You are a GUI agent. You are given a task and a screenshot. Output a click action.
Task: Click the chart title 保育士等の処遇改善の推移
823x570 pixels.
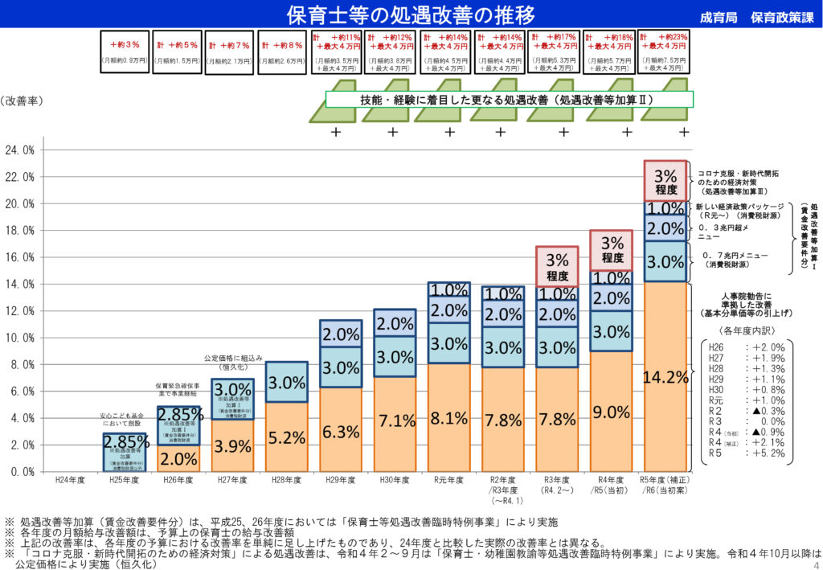click(411, 14)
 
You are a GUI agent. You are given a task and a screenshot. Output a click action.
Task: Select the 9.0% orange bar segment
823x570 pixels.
click(612, 412)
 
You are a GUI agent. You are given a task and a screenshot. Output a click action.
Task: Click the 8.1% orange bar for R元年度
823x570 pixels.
click(449, 418)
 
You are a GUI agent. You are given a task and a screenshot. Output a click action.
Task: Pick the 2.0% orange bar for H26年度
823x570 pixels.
click(178, 457)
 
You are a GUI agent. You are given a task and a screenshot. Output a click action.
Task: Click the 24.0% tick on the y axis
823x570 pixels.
click(20, 150)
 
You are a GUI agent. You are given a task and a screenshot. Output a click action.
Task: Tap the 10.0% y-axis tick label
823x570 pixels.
click(20, 338)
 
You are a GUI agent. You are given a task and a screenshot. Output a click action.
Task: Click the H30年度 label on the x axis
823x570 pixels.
click(395, 481)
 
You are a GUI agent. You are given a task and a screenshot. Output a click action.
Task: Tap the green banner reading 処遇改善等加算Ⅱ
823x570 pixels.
click(509, 100)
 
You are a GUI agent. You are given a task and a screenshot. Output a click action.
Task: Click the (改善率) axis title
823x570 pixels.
click(23, 101)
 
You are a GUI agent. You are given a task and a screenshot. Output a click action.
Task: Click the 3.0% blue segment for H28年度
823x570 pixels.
click(286, 382)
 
